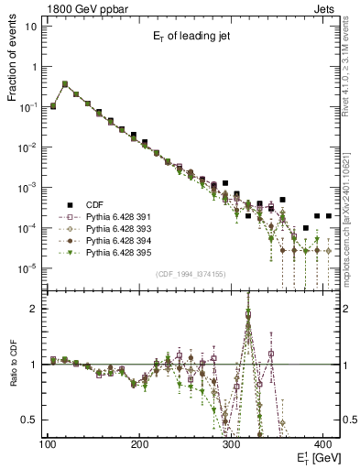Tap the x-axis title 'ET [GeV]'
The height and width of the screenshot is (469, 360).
coord(317,457)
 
